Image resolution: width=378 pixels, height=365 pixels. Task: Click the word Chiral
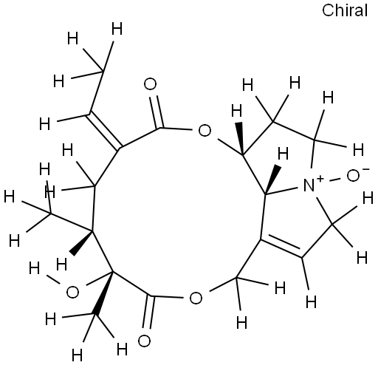345,10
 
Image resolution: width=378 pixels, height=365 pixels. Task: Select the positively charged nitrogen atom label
309,185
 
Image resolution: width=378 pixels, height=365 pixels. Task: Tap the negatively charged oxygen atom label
354,176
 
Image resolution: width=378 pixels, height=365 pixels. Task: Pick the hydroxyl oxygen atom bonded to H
72,293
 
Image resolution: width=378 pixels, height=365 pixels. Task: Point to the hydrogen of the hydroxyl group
34,268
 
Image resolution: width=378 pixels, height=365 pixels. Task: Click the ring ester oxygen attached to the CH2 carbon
196,298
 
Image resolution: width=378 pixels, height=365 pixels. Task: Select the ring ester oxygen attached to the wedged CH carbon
205,131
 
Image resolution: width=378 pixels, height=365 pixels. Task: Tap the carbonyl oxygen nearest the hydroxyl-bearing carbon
144,341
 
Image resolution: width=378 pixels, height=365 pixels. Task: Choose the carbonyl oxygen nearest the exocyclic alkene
150,84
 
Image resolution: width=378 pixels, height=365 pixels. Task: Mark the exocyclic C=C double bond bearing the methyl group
104,132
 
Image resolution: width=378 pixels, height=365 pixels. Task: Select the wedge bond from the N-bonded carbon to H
272,180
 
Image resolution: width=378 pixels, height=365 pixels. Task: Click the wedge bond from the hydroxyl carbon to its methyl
104,293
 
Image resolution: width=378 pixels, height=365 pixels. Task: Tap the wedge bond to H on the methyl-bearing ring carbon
81,242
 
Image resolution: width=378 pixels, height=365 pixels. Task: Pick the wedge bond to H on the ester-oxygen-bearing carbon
239,138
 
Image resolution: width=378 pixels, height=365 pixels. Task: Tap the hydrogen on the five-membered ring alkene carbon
311,301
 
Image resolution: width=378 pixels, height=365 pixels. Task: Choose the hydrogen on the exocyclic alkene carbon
45,123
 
